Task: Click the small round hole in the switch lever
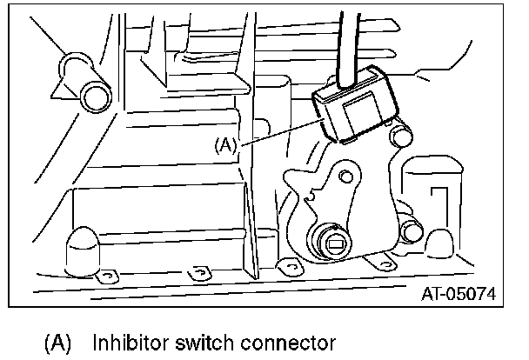coord(346,178)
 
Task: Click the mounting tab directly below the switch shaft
coord(284,265)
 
